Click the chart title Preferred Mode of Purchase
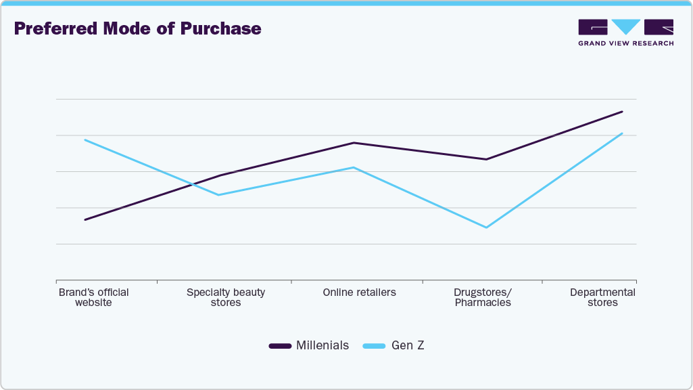[x=137, y=29]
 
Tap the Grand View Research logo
[x=625, y=32]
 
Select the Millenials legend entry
[x=309, y=345]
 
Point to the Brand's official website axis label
[x=93, y=297]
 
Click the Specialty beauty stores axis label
[x=226, y=297]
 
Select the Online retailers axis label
[x=359, y=292]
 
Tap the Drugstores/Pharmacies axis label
[x=483, y=297]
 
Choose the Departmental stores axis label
[x=602, y=297]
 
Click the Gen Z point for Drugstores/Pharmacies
[x=486, y=227]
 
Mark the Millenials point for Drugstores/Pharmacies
[x=486, y=159]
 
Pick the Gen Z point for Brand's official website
[x=85, y=139]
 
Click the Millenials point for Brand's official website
[x=85, y=219]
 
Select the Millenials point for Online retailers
[x=353, y=143]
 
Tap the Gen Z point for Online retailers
[x=353, y=167]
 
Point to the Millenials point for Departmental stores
[x=622, y=112]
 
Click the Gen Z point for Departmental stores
[x=622, y=133]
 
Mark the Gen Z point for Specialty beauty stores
[x=218, y=195]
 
